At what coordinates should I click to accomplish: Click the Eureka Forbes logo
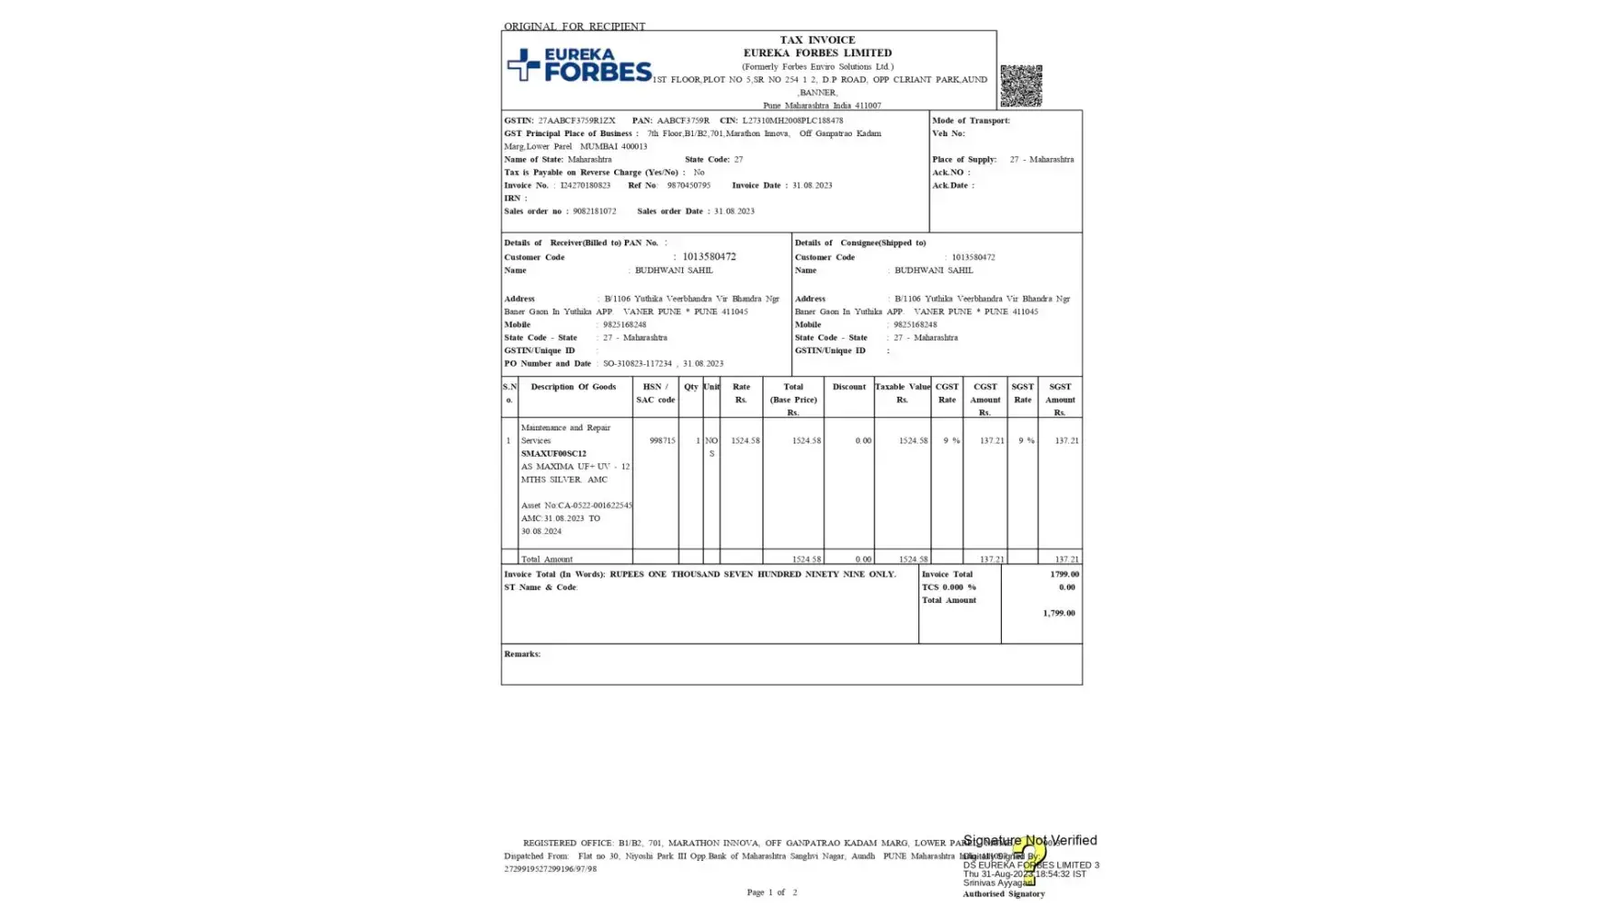point(579,65)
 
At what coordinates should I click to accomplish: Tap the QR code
point(1020,85)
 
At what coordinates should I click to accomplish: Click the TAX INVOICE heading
point(817,40)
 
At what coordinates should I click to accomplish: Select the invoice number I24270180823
point(585,185)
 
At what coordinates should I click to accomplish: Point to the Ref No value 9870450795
point(689,185)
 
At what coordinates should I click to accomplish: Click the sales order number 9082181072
point(594,211)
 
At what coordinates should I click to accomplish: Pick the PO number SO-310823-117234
point(637,363)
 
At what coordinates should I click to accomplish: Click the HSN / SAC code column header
point(655,393)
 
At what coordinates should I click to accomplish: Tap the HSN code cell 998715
point(661,440)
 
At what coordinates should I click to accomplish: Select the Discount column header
point(848,387)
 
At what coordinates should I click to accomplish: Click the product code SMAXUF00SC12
point(553,453)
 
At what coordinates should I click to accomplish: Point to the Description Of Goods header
point(573,387)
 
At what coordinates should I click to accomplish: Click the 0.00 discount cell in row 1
point(862,440)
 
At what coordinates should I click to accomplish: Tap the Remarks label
point(522,654)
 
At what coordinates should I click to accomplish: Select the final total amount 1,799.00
point(1058,613)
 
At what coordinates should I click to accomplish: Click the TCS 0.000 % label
point(948,587)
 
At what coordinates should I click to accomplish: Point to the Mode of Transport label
point(970,121)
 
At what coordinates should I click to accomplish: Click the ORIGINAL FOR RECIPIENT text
point(574,26)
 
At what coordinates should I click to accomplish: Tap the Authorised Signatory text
point(1003,893)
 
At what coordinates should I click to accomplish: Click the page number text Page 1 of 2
point(771,893)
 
